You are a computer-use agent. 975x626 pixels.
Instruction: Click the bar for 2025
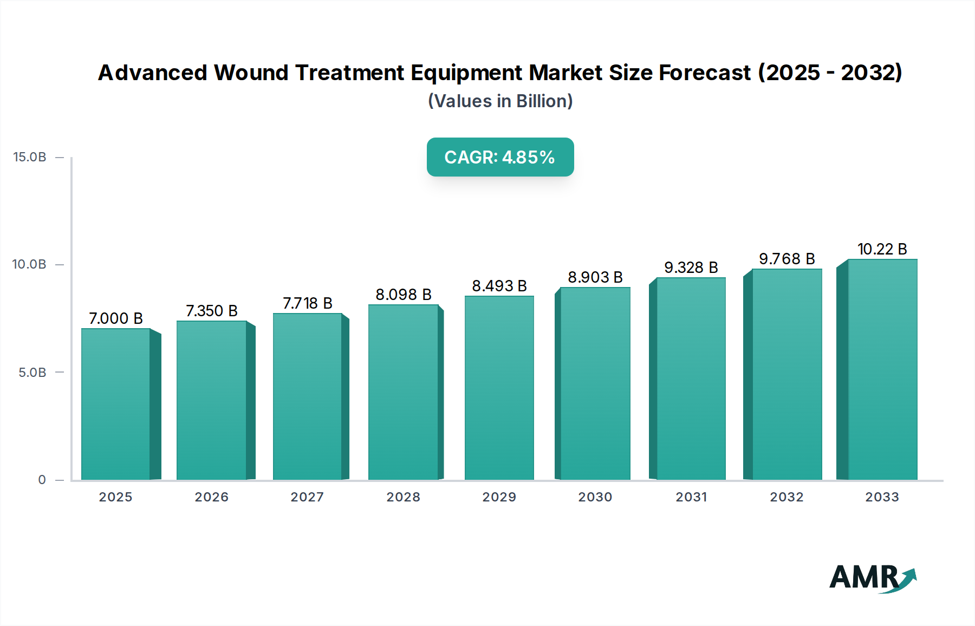click(x=116, y=403)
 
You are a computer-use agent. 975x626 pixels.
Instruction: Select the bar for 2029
click(x=499, y=387)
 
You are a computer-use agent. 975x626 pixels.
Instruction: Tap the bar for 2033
click(x=882, y=369)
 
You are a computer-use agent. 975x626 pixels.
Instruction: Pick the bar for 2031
click(x=691, y=379)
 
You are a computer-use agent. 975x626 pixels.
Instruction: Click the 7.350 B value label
click(x=212, y=311)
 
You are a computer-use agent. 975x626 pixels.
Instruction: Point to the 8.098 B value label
click(x=404, y=295)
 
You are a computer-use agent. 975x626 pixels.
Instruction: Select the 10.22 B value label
click(x=882, y=249)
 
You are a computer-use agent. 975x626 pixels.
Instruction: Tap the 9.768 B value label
click(x=786, y=259)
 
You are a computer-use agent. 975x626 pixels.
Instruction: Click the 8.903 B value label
click(x=595, y=277)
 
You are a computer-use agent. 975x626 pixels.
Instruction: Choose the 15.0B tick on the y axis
click(x=30, y=157)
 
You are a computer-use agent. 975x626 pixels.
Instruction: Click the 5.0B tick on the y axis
click(x=32, y=373)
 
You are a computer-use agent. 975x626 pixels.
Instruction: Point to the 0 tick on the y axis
click(x=42, y=480)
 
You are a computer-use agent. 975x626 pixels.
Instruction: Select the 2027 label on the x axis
click(x=307, y=497)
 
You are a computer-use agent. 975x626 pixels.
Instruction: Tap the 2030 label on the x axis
click(x=595, y=497)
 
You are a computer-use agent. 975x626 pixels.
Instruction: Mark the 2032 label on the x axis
click(x=786, y=497)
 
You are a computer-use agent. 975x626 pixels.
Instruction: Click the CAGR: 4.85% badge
click(x=500, y=157)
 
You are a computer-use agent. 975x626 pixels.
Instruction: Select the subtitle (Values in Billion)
click(x=500, y=101)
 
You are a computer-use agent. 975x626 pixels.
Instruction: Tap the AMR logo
click(x=872, y=578)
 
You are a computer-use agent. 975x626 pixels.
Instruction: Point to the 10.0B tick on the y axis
click(x=30, y=264)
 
